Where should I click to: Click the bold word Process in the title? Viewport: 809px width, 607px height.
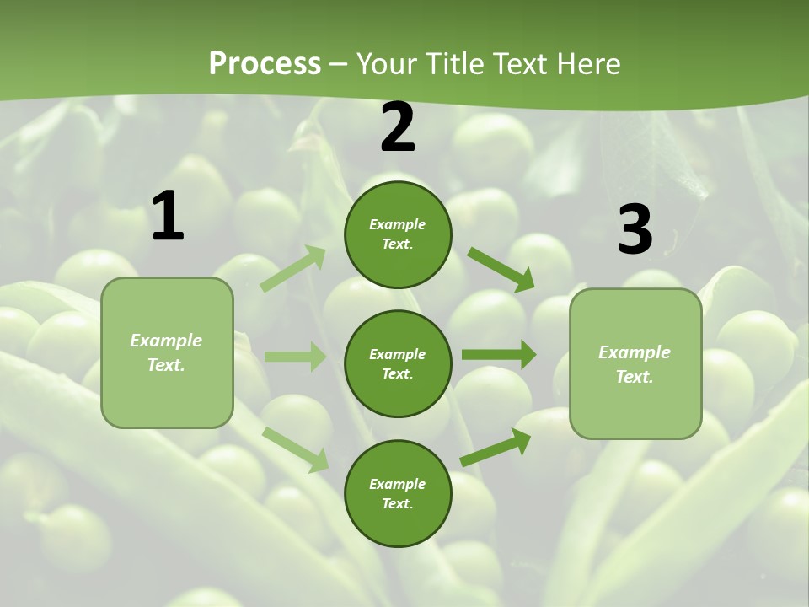pos(265,64)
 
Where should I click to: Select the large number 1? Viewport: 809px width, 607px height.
pos(168,217)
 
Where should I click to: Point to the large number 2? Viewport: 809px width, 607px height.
pos(398,127)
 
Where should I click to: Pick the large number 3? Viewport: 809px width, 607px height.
pos(635,230)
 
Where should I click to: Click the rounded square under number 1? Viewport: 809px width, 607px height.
pos(167,352)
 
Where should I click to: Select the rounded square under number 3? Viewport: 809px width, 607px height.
pos(635,364)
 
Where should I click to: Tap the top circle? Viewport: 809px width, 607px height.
pos(398,234)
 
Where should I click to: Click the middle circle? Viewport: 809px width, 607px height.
pos(398,363)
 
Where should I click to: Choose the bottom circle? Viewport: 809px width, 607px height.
pos(398,493)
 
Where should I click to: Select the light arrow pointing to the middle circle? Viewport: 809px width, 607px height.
pos(295,357)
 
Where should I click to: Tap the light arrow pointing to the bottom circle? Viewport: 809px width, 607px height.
pos(296,449)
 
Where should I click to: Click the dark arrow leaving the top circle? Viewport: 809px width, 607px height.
pos(501,268)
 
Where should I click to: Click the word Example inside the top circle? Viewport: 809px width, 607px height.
pos(398,225)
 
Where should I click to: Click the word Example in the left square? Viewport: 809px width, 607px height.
pos(166,341)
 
